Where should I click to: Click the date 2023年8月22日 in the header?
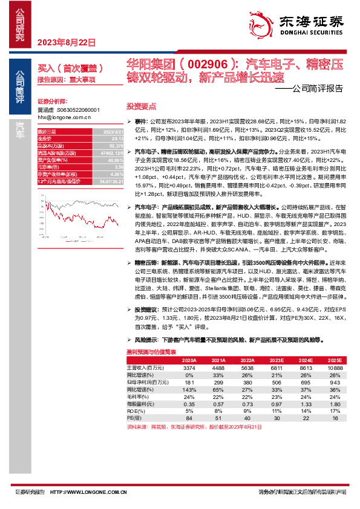67,43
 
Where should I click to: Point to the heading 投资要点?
141,105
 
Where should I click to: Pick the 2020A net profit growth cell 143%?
189,389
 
